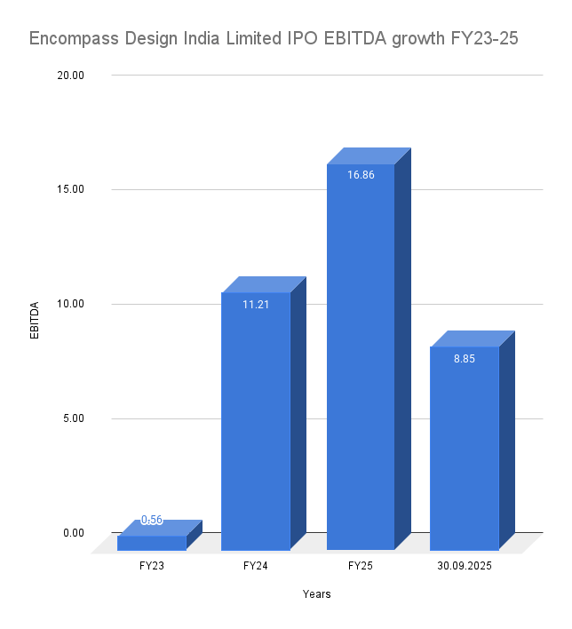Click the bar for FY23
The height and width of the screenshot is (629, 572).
tap(152, 543)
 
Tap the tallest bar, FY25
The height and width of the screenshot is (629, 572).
tap(361, 356)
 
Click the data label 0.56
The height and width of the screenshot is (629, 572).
tap(152, 521)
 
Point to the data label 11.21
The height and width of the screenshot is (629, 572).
tap(256, 304)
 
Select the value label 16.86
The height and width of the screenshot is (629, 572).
tap(361, 175)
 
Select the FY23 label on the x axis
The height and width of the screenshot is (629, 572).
tap(152, 565)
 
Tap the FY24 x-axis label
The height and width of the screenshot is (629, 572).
tap(256, 565)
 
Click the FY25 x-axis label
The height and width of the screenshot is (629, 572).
tap(361, 565)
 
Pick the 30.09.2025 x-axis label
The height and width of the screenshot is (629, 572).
tap(465, 565)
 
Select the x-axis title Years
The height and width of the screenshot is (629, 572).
tap(316, 594)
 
